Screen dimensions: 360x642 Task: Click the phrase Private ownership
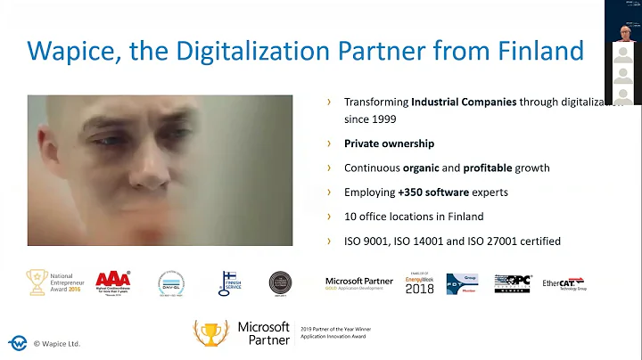(389, 143)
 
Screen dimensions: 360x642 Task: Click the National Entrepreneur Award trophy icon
(37, 282)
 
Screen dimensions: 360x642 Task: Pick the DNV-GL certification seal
(171, 282)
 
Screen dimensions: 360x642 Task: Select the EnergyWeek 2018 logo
(419, 284)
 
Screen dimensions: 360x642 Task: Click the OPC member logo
(512, 283)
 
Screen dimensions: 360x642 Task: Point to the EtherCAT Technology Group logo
(564, 284)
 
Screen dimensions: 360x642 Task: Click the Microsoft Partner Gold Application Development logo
(358, 283)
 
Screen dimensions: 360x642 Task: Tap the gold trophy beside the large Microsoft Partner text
(210, 333)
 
